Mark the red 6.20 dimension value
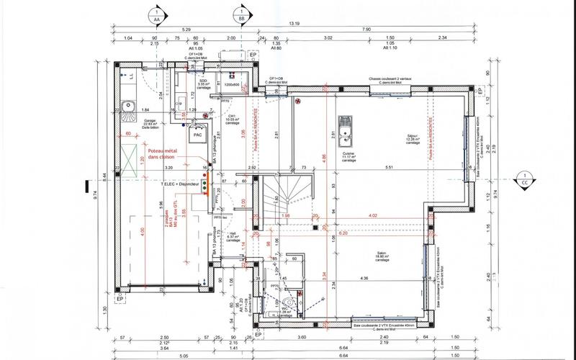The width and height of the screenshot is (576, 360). click(342, 233)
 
